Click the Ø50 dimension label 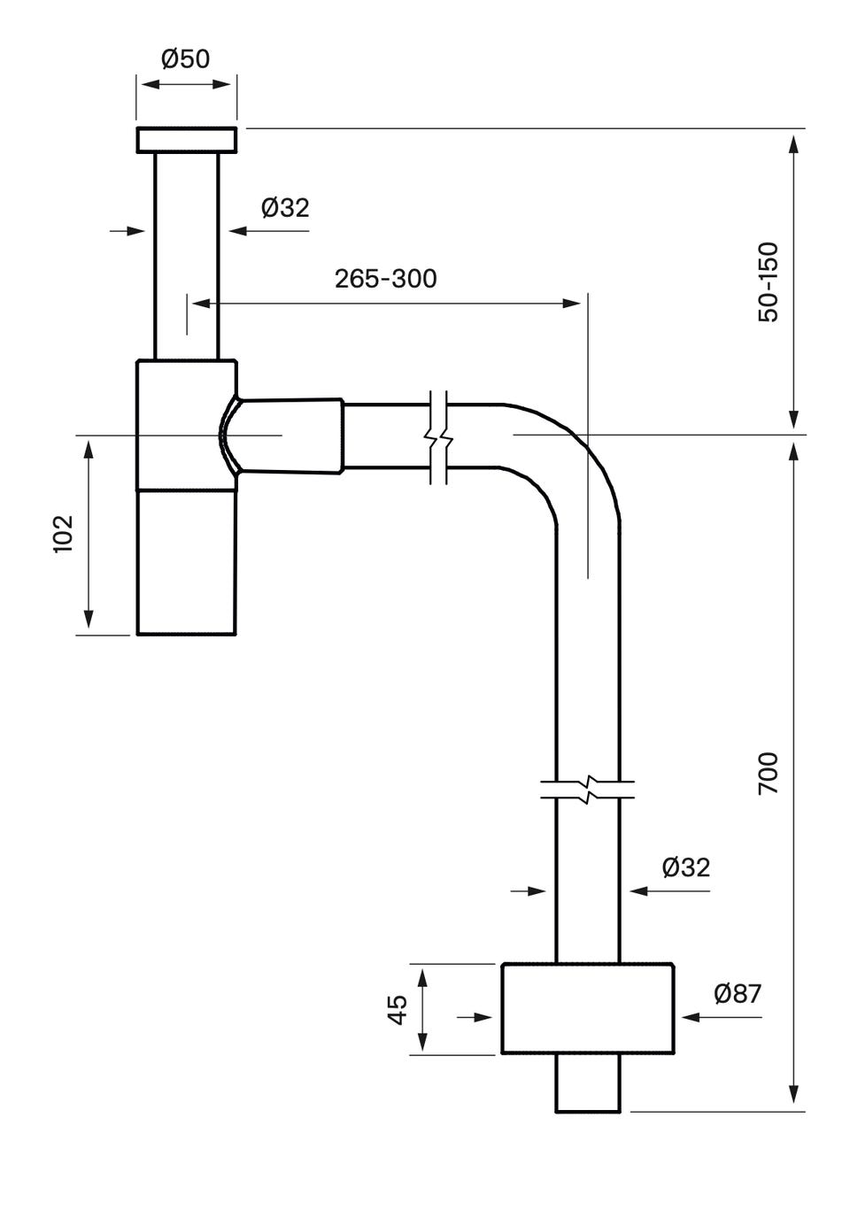coord(186,59)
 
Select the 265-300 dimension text coord(385,279)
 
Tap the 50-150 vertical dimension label coord(769,281)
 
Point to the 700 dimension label coord(769,772)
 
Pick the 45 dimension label coord(398,1009)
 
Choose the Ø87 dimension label coord(738,994)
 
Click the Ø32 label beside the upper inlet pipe coord(285,208)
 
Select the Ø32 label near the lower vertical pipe coord(686,867)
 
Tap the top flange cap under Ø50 coord(186,140)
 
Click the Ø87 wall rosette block coord(587,1008)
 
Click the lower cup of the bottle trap coord(187,561)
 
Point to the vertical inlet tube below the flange coord(186,257)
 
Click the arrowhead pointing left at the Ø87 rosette coord(691,1018)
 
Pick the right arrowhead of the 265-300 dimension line coord(573,303)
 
